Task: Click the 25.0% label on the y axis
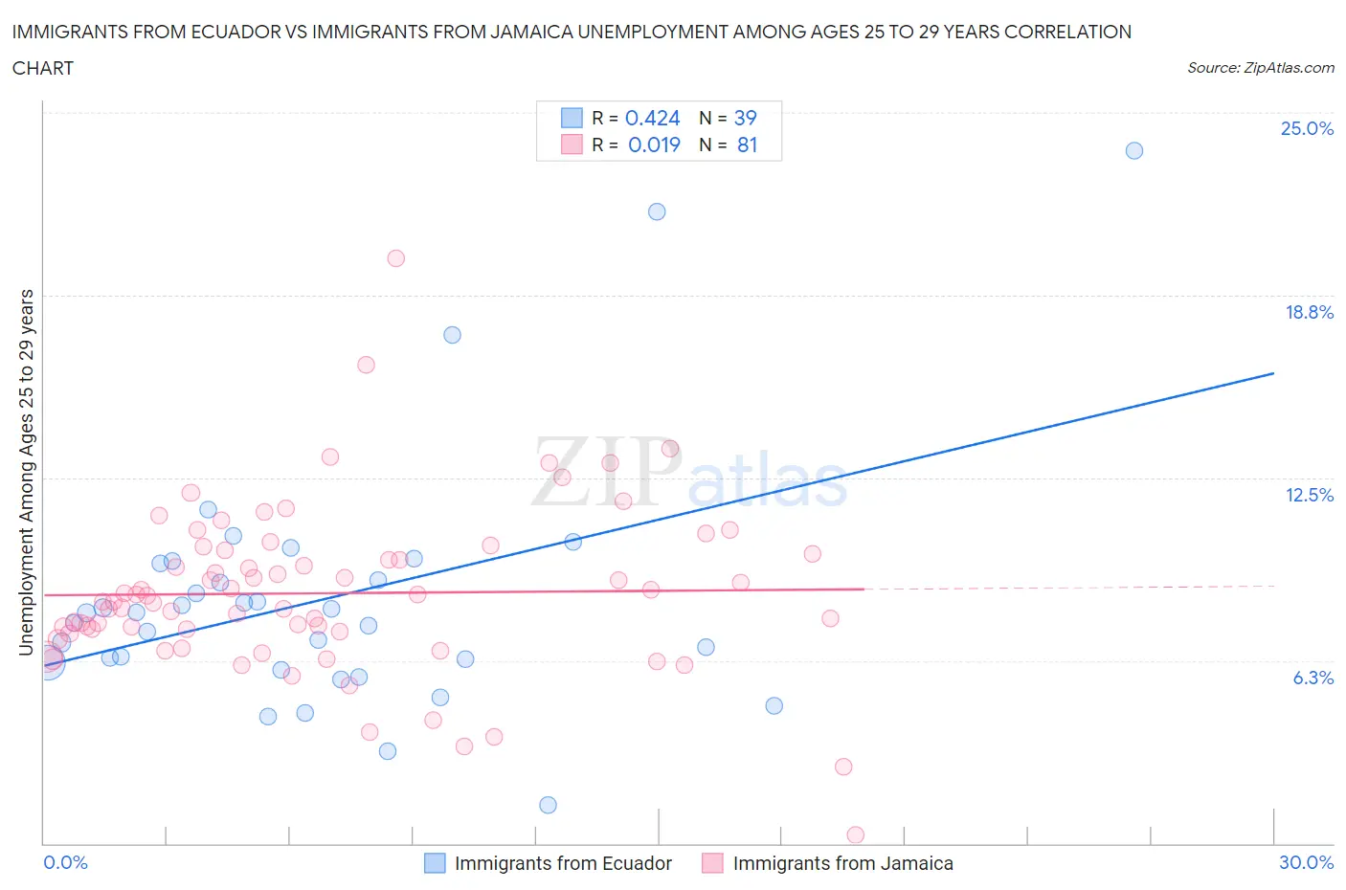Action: click(1307, 129)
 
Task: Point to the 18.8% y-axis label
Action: click(1309, 312)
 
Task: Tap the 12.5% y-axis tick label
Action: click(1309, 495)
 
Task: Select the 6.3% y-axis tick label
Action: click(1312, 678)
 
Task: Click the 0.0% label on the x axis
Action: click(65, 862)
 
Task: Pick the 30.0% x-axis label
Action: click(1306, 862)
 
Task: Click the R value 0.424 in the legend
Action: click(652, 118)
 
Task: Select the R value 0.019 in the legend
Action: click(654, 145)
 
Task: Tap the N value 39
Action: click(745, 118)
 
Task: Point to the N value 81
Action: click(747, 145)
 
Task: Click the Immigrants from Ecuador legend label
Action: click(563, 863)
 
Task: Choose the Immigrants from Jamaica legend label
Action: click(842, 863)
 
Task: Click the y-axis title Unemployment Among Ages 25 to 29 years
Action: click(26, 472)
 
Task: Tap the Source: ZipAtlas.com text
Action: click(1260, 68)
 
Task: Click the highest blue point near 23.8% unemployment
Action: click(1134, 150)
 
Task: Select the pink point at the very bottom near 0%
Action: click(856, 834)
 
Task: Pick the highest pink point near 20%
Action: click(395, 258)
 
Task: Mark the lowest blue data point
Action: click(548, 805)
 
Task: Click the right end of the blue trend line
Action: click(1273, 373)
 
